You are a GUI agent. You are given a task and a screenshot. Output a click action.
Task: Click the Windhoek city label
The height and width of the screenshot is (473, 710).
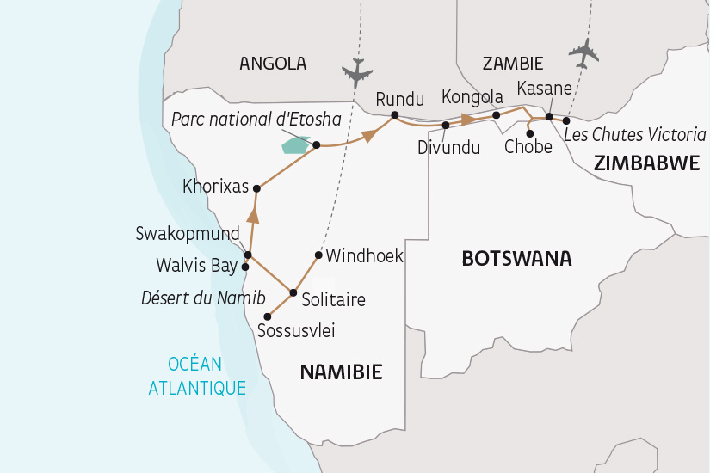pyautogui.click(x=365, y=256)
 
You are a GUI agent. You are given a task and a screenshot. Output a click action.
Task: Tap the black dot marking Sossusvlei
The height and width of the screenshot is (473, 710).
pyautogui.click(x=268, y=316)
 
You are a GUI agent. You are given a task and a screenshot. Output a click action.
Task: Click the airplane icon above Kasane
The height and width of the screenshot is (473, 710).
pyautogui.click(x=584, y=53)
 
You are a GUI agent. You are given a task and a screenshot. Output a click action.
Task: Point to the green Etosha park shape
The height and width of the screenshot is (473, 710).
pyautogui.click(x=295, y=144)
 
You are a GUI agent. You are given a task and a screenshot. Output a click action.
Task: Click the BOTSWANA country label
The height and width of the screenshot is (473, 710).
pyautogui.click(x=516, y=258)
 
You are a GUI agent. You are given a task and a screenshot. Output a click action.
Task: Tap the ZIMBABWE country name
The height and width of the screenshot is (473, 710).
pyautogui.click(x=645, y=163)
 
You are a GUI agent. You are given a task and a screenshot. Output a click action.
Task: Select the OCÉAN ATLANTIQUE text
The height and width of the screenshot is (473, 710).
pyautogui.click(x=197, y=376)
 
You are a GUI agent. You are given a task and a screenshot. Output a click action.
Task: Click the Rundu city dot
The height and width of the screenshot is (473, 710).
pyautogui.click(x=394, y=115)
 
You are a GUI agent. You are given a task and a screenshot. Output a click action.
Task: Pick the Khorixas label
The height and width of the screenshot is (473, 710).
pyautogui.click(x=215, y=186)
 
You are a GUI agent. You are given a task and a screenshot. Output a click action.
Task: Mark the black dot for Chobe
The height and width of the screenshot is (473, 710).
pyautogui.click(x=528, y=133)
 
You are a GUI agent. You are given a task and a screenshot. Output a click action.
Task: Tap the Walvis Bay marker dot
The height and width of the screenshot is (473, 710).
pyautogui.click(x=245, y=267)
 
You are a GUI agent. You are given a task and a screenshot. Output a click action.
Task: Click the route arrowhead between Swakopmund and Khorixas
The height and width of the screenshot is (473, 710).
pyautogui.click(x=253, y=214)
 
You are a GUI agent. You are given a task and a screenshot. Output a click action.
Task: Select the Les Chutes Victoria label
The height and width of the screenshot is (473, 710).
pyautogui.click(x=635, y=135)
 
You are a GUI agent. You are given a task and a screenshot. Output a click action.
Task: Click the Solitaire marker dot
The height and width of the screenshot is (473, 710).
pyautogui.click(x=293, y=292)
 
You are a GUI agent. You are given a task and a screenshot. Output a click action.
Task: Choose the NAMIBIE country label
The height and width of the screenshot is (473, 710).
pyautogui.click(x=340, y=372)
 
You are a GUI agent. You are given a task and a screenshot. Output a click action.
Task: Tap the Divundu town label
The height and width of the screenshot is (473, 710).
pyautogui.click(x=449, y=147)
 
